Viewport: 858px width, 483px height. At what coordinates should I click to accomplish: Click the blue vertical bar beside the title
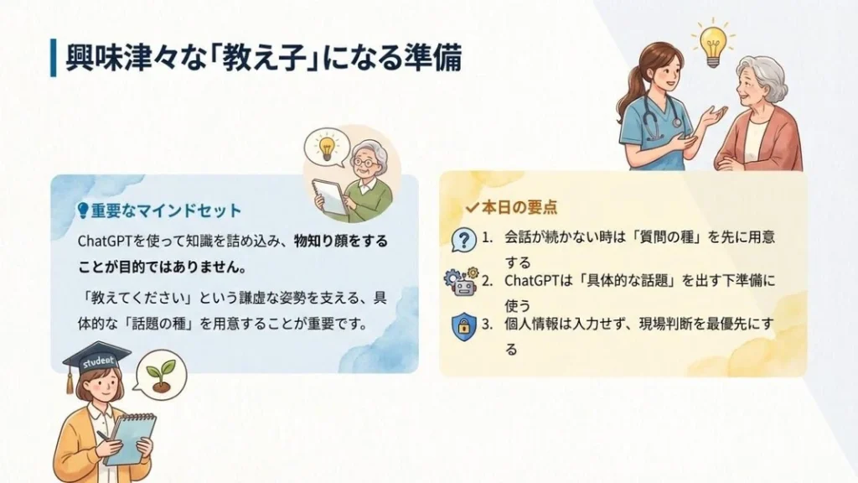tap(53, 58)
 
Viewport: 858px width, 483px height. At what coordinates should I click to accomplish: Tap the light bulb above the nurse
tap(713, 44)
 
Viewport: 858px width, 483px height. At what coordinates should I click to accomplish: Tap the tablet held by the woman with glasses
tap(330, 198)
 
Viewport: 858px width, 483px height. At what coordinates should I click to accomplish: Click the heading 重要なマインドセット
tap(166, 210)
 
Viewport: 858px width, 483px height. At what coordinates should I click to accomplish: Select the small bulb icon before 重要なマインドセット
tap(83, 210)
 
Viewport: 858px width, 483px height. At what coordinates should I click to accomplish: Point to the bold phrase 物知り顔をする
tap(341, 241)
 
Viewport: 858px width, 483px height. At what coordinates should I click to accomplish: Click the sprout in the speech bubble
tap(162, 375)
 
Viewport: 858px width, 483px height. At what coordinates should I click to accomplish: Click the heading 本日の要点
tap(519, 207)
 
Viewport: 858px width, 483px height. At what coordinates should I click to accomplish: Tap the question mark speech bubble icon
tap(463, 240)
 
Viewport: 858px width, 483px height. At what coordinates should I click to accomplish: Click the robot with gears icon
tap(462, 282)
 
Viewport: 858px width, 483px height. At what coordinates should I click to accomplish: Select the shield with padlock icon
tap(464, 327)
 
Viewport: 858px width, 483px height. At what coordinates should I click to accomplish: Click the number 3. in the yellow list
tap(487, 325)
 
